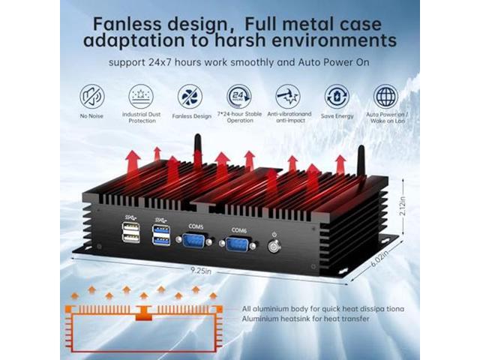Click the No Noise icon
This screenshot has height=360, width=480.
point(91,96)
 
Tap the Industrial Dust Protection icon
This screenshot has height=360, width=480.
point(140,96)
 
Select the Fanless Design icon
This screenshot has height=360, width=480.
point(190,96)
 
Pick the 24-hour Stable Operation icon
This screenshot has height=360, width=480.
point(238,96)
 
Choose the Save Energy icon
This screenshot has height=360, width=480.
point(336,96)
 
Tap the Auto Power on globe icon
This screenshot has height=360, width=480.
point(385,96)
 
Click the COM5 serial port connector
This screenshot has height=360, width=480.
point(196,241)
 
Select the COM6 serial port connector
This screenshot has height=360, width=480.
point(238,244)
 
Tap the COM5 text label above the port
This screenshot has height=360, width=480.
point(196,225)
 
